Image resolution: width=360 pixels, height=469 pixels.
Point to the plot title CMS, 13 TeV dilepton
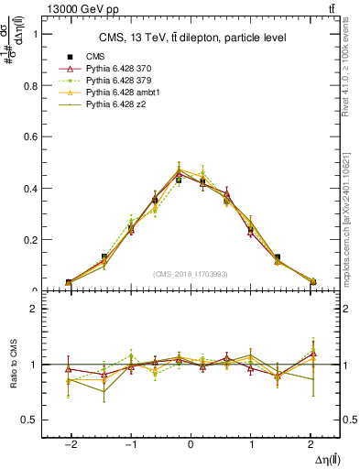tap(192, 38)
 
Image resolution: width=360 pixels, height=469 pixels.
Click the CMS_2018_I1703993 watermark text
tap(191, 274)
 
